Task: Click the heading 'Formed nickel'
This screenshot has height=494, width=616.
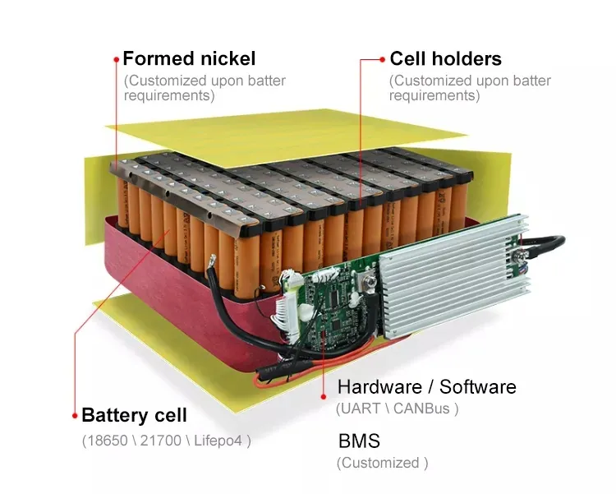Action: click(x=189, y=59)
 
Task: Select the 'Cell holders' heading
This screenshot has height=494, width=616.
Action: click(x=445, y=59)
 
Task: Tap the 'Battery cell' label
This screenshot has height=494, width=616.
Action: click(x=135, y=415)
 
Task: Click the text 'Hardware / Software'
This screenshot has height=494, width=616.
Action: click(x=427, y=387)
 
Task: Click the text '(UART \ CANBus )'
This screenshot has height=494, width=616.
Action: click(x=398, y=409)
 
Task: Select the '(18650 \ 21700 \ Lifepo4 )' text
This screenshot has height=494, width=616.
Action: click(x=167, y=441)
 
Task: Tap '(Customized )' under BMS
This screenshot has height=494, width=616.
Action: click(x=383, y=463)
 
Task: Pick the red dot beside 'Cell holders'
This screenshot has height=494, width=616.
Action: click(x=383, y=59)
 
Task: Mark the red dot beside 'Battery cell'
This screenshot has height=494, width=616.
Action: click(x=75, y=415)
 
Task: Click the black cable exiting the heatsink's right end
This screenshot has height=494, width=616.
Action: click(x=550, y=242)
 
